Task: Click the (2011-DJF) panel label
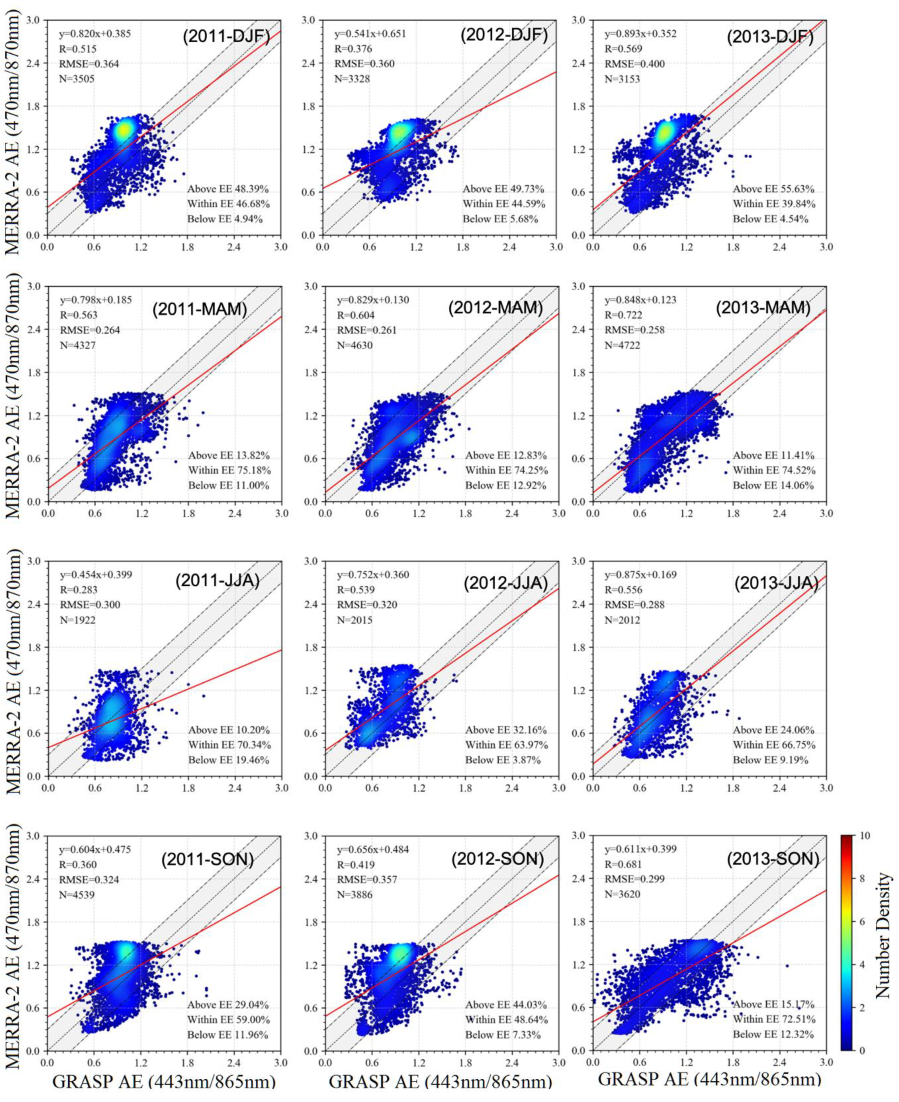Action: [226, 38]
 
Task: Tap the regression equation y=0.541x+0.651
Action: [370, 34]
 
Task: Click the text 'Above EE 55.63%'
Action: [774, 189]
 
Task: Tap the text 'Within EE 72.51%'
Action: [774, 1019]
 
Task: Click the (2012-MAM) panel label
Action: [496, 308]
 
